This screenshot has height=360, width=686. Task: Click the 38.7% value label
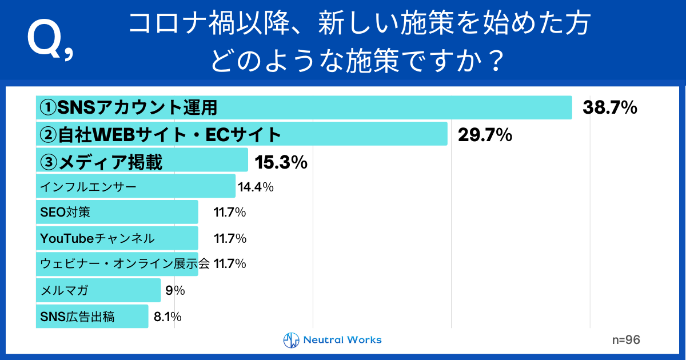[609, 107]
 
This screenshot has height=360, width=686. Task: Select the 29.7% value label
[484, 135]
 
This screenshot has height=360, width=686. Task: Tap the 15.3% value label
[281, 163]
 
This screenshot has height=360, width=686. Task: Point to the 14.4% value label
[256, 186]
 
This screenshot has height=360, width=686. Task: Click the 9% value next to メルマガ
[175, 290]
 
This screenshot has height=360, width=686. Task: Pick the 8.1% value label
[167, 316]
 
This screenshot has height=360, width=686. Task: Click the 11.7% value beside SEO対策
[229, 213]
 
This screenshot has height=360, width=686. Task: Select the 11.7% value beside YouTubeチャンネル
[229, 238]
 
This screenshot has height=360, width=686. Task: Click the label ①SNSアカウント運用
[129, 107]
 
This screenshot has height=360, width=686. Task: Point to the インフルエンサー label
[89, 186]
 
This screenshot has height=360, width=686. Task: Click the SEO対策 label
[65, 213]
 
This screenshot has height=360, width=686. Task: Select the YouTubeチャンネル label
[97, 238]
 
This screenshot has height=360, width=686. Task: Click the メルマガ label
[65, 290]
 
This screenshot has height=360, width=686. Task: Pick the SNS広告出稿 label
[77, 316]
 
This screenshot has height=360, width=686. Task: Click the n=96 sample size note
[625, 339]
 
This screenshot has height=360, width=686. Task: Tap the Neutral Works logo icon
[292, 340]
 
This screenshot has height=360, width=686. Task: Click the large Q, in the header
[50, 42]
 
